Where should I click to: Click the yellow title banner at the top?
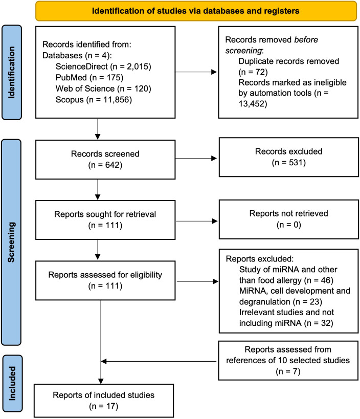click(x=196, y=11)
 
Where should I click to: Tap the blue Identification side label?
click(x=11, y=72)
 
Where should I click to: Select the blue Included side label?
click(x=12, y=383)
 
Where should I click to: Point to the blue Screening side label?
click(x=11, y=242)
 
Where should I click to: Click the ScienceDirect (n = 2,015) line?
click(x=103, y=67)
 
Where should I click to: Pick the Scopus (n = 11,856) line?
click(x=94, y=100)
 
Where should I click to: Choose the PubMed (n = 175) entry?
click(x=89, y=77)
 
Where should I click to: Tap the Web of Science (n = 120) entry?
click(x=103, y=89)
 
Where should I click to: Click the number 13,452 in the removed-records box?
click(x=251, y=104)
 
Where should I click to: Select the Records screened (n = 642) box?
click(x=105, y=160)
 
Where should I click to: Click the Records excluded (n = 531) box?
click(x=289, y=157)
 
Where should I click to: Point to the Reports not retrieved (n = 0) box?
click(x=289, y=219)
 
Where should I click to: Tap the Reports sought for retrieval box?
click(x=105, y=220)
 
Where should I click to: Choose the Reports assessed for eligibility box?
click(x=105, y=280)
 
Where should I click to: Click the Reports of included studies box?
click(x=104, y=401)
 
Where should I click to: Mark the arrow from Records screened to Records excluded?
click(x=196, y=159)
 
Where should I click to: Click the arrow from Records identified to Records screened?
click(x=98, y=129)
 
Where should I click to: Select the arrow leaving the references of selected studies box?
click(x=159, y=361)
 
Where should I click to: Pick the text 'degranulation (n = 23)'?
click(x=281, y=302)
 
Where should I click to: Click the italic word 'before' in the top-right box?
click(x=306, y=40)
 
